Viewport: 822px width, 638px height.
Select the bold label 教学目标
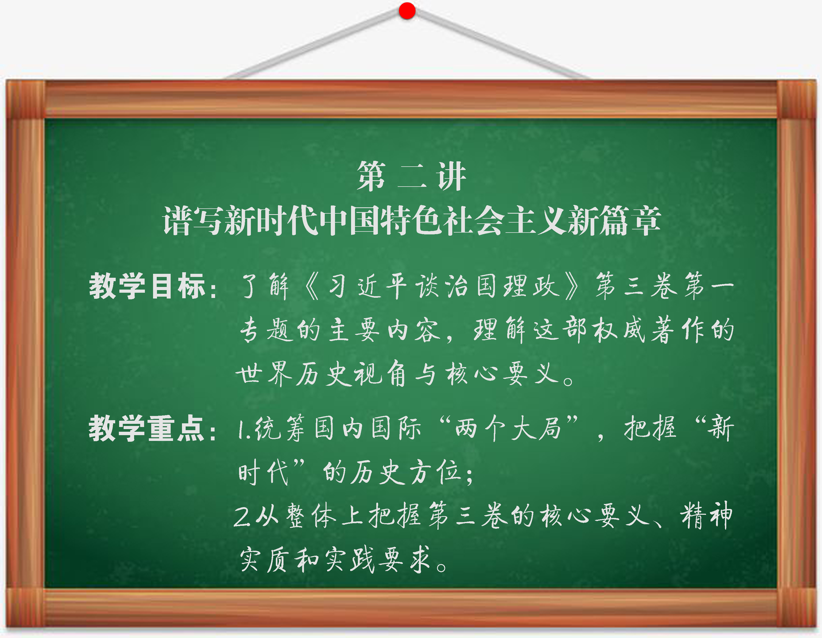click(148, 286)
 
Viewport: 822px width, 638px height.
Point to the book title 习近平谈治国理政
click(442, 286)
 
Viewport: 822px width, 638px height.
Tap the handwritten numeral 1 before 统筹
click(241, 430)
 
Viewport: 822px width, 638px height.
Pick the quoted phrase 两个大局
click(508, 429)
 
